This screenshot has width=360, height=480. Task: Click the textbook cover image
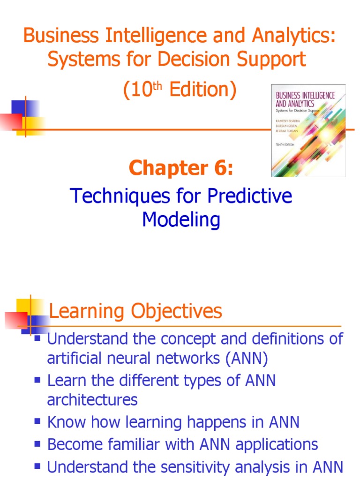(x=308, y=130)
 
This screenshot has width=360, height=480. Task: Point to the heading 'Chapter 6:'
(x=181, y=168)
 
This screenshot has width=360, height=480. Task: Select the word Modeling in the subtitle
(x=181, y=219)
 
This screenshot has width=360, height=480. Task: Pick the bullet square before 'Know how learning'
(x=38, y=421)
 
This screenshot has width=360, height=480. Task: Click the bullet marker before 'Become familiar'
(x=38, y=443)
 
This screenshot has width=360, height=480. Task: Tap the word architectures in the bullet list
(x=92, y=400)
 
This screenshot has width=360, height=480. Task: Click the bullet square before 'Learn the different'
(x=38, y=379)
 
